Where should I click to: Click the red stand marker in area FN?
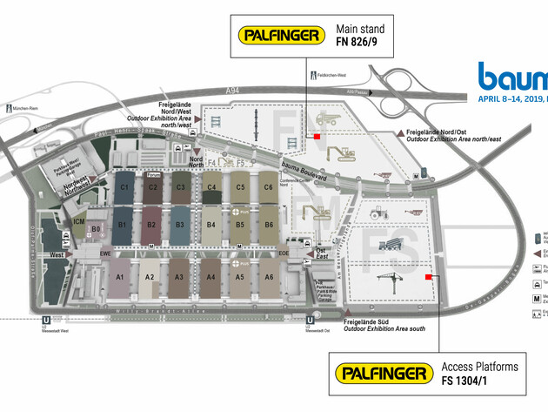pos(317,136)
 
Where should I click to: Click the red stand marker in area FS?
pos(428,278)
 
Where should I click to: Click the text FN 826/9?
pos(360,44)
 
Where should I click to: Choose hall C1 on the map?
pos(124,186)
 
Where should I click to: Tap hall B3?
pos(180,225)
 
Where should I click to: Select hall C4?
pos(211,186)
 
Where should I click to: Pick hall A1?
pos(121,276)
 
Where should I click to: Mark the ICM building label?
pos(79,223)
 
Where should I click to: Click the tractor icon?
pos(380,211)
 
